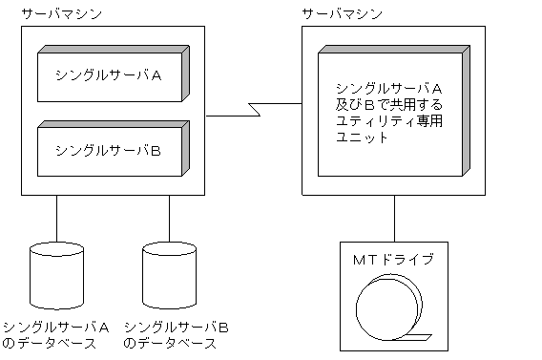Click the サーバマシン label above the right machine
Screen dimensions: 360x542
342,14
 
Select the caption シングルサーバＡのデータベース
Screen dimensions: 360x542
56,334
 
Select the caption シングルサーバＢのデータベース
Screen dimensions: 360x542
177,334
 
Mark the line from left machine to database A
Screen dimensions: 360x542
56,219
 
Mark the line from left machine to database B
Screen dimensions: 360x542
170,219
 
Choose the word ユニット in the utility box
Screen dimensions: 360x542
358,137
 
